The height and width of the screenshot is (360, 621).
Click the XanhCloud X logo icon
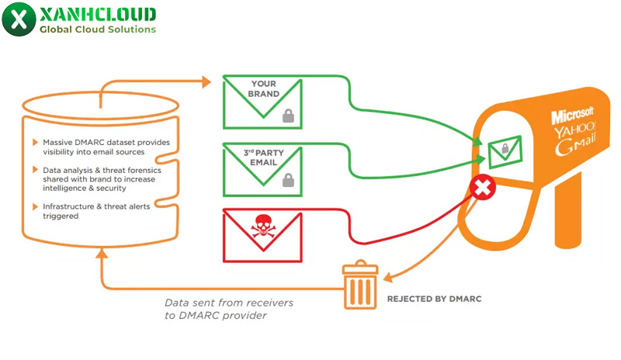[18, 19]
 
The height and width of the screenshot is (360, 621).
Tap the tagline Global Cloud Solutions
[97, 29]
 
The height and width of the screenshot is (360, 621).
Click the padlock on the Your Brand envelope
[288, 116]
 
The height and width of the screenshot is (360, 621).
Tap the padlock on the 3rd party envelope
[288, 181]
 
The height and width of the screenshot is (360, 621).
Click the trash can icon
[359, 286]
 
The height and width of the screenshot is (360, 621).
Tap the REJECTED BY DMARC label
[439, 298]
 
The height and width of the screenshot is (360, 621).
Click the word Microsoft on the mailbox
[572, 116]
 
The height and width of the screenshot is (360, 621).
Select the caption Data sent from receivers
[229, 303]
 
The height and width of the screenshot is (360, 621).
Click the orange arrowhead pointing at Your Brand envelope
[206, 81]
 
